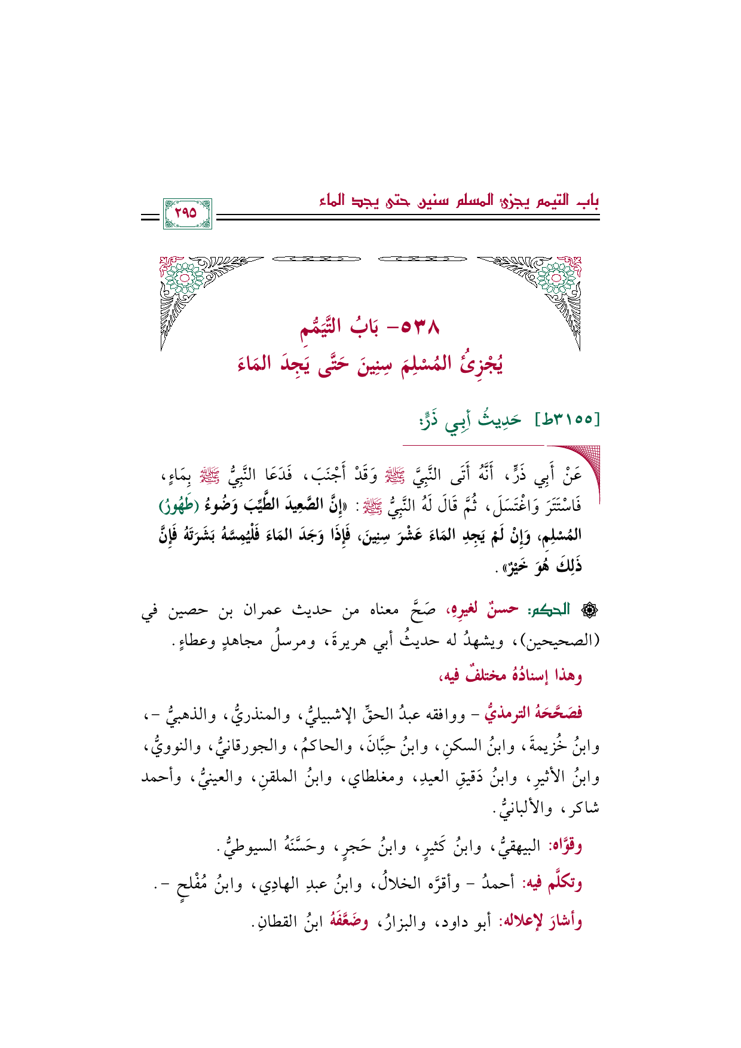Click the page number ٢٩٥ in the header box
187,213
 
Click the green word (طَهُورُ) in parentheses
180,507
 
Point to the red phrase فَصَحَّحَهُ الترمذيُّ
533,713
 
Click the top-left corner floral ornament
185,281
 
